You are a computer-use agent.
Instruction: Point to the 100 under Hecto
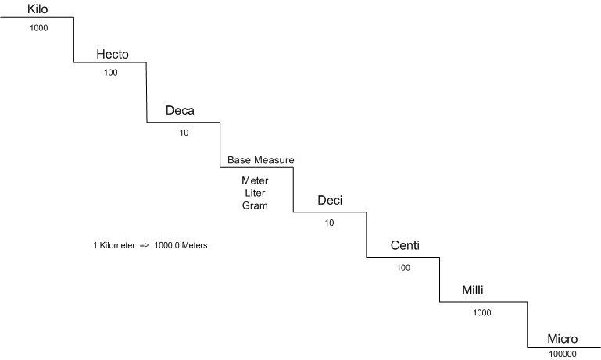111,72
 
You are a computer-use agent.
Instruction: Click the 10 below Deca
184,132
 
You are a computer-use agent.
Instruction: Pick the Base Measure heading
261,160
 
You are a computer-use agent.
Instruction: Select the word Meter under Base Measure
255,180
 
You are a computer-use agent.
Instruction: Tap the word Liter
255,193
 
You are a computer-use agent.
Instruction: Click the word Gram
255,205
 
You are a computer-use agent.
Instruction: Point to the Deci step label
330,201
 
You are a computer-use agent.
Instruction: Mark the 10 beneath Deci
330,223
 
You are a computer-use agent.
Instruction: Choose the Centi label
405,246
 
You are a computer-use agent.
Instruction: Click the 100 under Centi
403,267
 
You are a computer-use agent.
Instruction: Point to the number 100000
562,354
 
